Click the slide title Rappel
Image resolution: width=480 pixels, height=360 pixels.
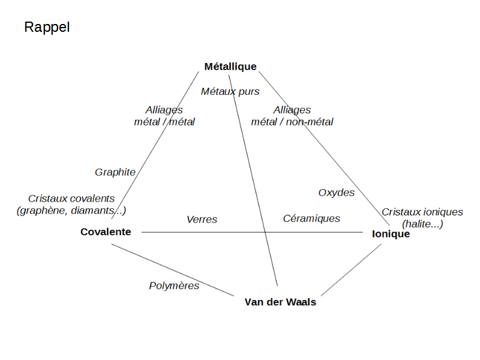click(x=47, y=28)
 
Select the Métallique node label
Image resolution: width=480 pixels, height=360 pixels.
click(x=230, y=67)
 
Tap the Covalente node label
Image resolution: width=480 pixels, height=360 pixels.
click(x=106, y=232)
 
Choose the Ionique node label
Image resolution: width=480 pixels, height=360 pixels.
click(x=391, y=234)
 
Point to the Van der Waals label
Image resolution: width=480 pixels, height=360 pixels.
click(x=280, y=302)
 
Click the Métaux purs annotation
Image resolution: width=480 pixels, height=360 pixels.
click(x=230, y=92)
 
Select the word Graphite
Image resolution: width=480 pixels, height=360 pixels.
click(x=115, y=172)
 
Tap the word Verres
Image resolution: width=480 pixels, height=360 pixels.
click(x=202, y=220)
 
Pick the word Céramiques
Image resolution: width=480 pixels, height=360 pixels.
click(x=311, y=218)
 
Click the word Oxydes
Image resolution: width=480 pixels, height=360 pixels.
click(x=336, y=193)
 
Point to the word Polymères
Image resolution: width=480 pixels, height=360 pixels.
click(x=174, y=286)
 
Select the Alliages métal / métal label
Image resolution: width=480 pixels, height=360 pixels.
click(x=164, y=116)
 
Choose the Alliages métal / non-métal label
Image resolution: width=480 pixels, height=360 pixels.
click(x=292, y=116)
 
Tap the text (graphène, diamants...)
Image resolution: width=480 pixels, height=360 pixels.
click(x=71, y=210)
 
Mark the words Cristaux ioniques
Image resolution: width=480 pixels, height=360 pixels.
click(x=422, y=212)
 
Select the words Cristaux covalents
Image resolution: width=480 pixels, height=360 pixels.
click(x=71, y=199)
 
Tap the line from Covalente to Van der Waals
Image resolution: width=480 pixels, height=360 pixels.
click(x=174, y=271)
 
